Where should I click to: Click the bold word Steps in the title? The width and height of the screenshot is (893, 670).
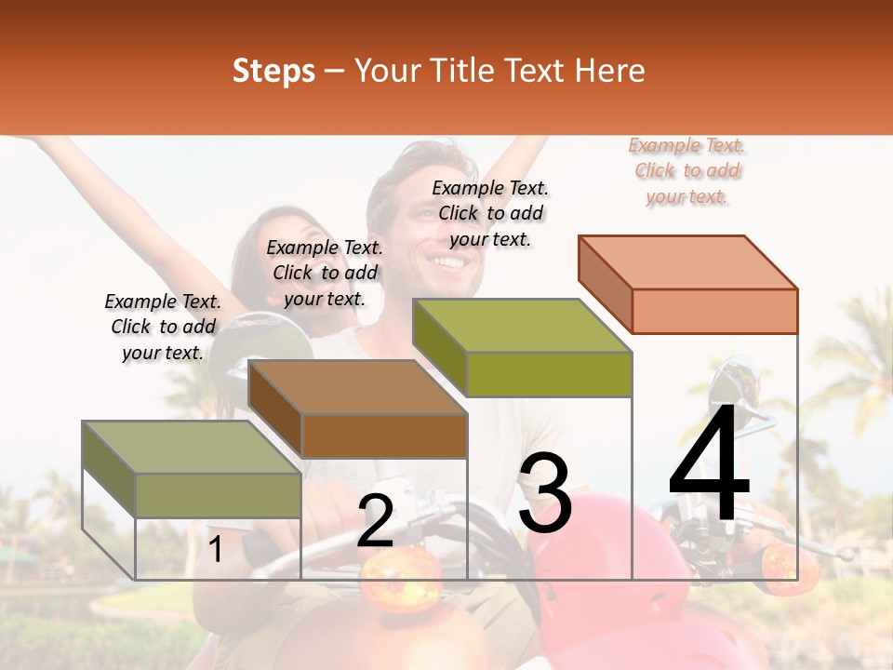point(273,71)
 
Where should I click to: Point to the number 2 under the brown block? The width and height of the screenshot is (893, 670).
point(375,522)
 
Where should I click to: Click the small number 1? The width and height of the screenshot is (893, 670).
point(215,550)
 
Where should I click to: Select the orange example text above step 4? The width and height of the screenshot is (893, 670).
point(686,170)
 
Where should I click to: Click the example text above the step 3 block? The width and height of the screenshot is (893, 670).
point(490,213)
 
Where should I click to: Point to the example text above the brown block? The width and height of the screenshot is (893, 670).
point(325,273)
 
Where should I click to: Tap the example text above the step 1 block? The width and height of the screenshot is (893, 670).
point(163,327)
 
